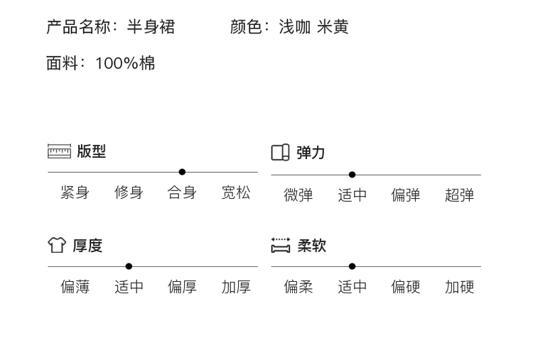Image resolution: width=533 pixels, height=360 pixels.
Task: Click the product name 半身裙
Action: pos(151,27)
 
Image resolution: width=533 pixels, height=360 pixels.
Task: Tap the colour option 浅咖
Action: pos(295,27)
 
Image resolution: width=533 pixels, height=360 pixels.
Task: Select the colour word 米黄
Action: pos(333,27)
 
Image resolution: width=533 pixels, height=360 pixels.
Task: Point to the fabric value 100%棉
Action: pos(125,63)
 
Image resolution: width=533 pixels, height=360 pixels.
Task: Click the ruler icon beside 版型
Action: pos(59,151)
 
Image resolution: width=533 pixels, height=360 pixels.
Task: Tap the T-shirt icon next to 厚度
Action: pos(57,245)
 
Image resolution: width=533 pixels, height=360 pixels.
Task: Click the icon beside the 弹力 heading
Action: pos(281,153)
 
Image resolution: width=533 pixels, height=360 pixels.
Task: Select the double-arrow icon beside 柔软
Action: pos(281,246)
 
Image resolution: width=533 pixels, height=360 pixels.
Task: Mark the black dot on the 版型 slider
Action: pos(182,172)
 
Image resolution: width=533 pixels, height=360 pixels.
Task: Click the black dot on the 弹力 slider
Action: pos(352,175)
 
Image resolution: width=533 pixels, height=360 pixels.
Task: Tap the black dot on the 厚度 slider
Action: pos(129,266)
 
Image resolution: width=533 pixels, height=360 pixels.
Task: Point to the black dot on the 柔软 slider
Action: pos(352,266)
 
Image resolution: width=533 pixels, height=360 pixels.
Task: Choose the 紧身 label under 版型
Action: pos(75,192)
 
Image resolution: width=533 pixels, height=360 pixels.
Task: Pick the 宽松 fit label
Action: pos(236,192)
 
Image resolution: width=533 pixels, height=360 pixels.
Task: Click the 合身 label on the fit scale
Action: pos(182,192)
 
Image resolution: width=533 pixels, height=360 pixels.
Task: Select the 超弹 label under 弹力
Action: pos(459,195)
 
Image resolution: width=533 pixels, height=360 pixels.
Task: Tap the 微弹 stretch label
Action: pos(298,195)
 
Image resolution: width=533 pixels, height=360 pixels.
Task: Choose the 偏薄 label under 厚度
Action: pos(75,287)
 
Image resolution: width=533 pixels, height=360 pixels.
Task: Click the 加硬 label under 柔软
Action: pos(459,287)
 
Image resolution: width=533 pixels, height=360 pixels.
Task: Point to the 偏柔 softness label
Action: pos(298,287)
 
